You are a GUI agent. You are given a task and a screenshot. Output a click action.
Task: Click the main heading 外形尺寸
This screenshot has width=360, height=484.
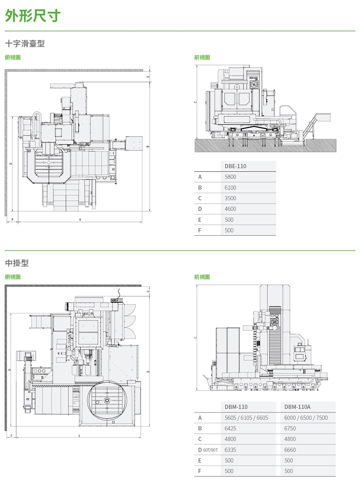point(33,16)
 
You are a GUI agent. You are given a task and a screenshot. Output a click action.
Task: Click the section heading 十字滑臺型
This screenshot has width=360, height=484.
point(25,43)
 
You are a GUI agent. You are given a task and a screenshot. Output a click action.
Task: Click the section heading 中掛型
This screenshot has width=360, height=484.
point(17,263)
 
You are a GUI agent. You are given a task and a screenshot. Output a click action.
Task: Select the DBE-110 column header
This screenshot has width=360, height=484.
point(235,166)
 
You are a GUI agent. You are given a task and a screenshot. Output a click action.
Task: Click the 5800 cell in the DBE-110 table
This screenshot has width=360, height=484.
point(230,177)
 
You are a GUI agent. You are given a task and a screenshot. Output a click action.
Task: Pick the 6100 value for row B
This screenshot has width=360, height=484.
point(230,188)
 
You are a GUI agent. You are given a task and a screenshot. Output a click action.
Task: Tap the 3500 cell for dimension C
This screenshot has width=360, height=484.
point(230,198)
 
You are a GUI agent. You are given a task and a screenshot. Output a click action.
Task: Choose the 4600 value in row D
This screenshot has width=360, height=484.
point(230,209)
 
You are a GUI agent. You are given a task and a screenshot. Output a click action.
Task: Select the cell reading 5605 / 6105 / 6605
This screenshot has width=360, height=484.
point(246,418)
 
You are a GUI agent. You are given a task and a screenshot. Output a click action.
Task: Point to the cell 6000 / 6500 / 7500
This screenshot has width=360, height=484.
point(306,418)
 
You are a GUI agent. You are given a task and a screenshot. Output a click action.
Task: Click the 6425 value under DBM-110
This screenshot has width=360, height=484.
point(230,428)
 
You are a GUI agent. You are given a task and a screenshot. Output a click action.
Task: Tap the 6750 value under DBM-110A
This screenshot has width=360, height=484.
point(290,428)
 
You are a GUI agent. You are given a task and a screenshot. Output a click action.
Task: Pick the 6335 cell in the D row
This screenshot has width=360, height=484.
point(230,450)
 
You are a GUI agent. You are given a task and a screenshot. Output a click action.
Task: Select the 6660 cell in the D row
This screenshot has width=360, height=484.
point(290,450)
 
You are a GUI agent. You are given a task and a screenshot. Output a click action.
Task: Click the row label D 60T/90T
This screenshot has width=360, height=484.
point(208,450)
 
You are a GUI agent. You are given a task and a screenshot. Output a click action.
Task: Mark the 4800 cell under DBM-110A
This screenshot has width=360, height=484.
point(290,439)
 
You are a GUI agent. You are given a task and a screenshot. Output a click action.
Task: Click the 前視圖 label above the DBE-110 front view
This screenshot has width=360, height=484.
point(202,57)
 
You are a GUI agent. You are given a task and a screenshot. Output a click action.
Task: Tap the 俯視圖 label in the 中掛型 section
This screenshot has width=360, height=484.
point(13,277)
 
